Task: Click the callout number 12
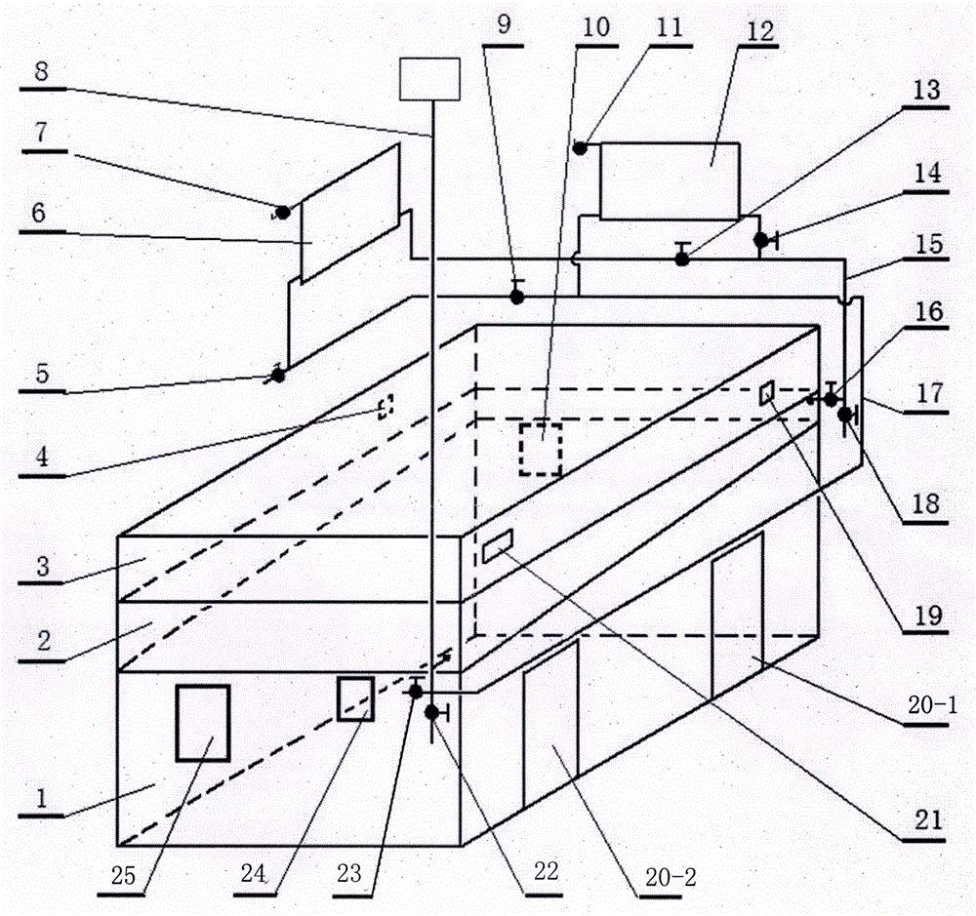[x=753, y=29]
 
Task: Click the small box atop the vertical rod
[x=429, y=78]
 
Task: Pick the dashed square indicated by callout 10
[x=540, y=449]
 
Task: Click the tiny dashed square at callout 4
[x=386, y=406]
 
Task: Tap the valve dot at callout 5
[x=278, y=373]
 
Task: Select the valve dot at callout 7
[x=283, y=212]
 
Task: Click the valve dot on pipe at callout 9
[x=517, y=296]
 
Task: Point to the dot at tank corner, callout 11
[x=580, y=148]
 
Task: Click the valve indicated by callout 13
[x=682, y=258]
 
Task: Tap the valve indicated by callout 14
[x=760, y=239]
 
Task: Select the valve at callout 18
[x=844, y=415]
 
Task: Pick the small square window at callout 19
[x=768, y=393]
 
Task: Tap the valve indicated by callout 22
[x=431, y=713]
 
